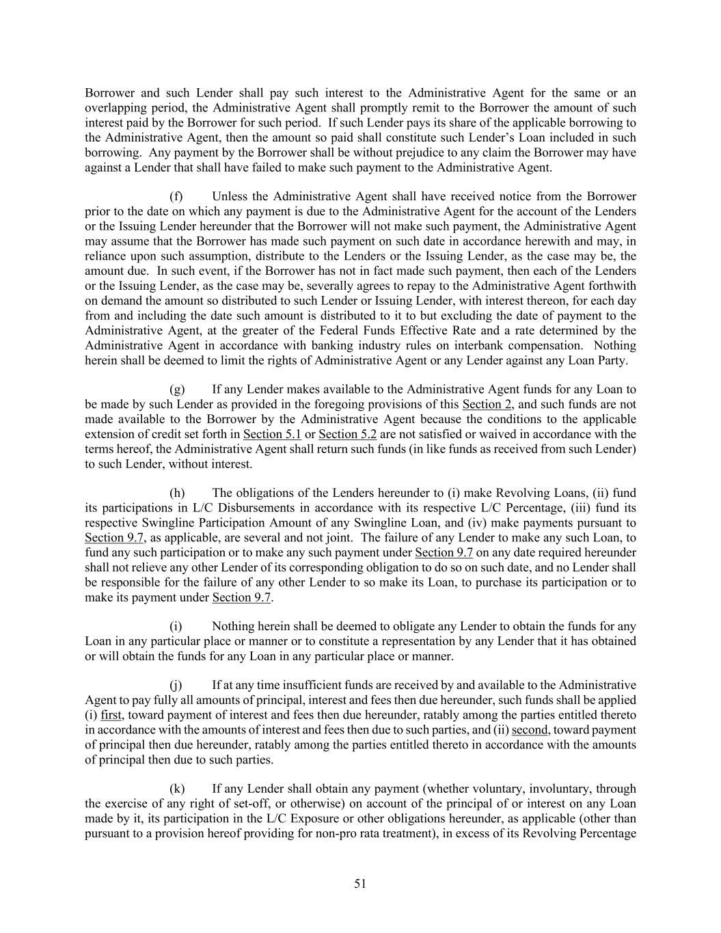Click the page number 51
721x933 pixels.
click(360, 884)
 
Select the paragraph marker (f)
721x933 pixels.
click(176, 196)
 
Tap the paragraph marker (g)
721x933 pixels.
click(177, 389)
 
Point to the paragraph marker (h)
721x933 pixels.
click(177, 493)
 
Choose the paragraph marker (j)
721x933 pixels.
click(176, 685)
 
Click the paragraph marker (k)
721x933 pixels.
click(177, 789)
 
